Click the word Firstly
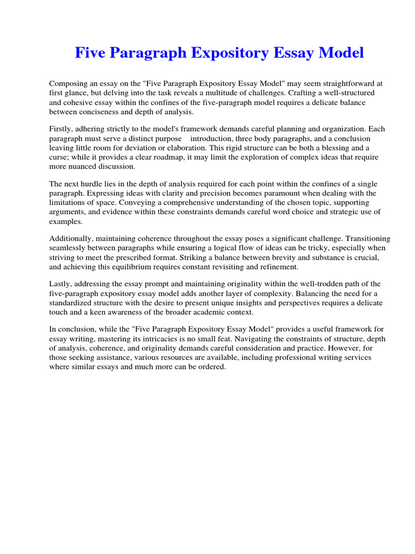tap(61, 129)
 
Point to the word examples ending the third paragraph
tap(65, 222)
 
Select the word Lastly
tap(60, 284)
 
